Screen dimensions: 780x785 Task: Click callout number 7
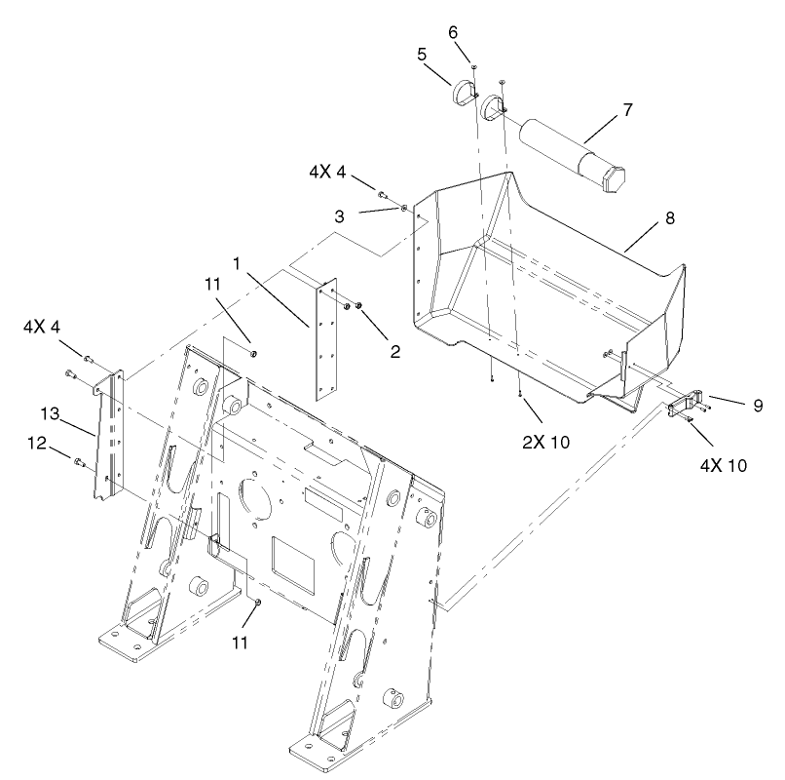pyautogui.click(x=626, y=109)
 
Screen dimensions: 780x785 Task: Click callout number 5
pyautogui.click(x=422, y=55)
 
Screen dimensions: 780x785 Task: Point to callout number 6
pyautogui.click(x=453, y=31)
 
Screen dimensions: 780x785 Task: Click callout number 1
pyautogui.click(x=236, y=263)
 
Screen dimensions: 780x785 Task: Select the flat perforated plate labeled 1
pyautogui.click(x=327, y=340)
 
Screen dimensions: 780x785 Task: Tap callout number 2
pyautogui.click(x=394, y=351)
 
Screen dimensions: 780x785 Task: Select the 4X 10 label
pyautogui.click(x=722, y=465)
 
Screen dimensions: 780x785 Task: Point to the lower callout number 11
pyautogui.click(x=240, y=643)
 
